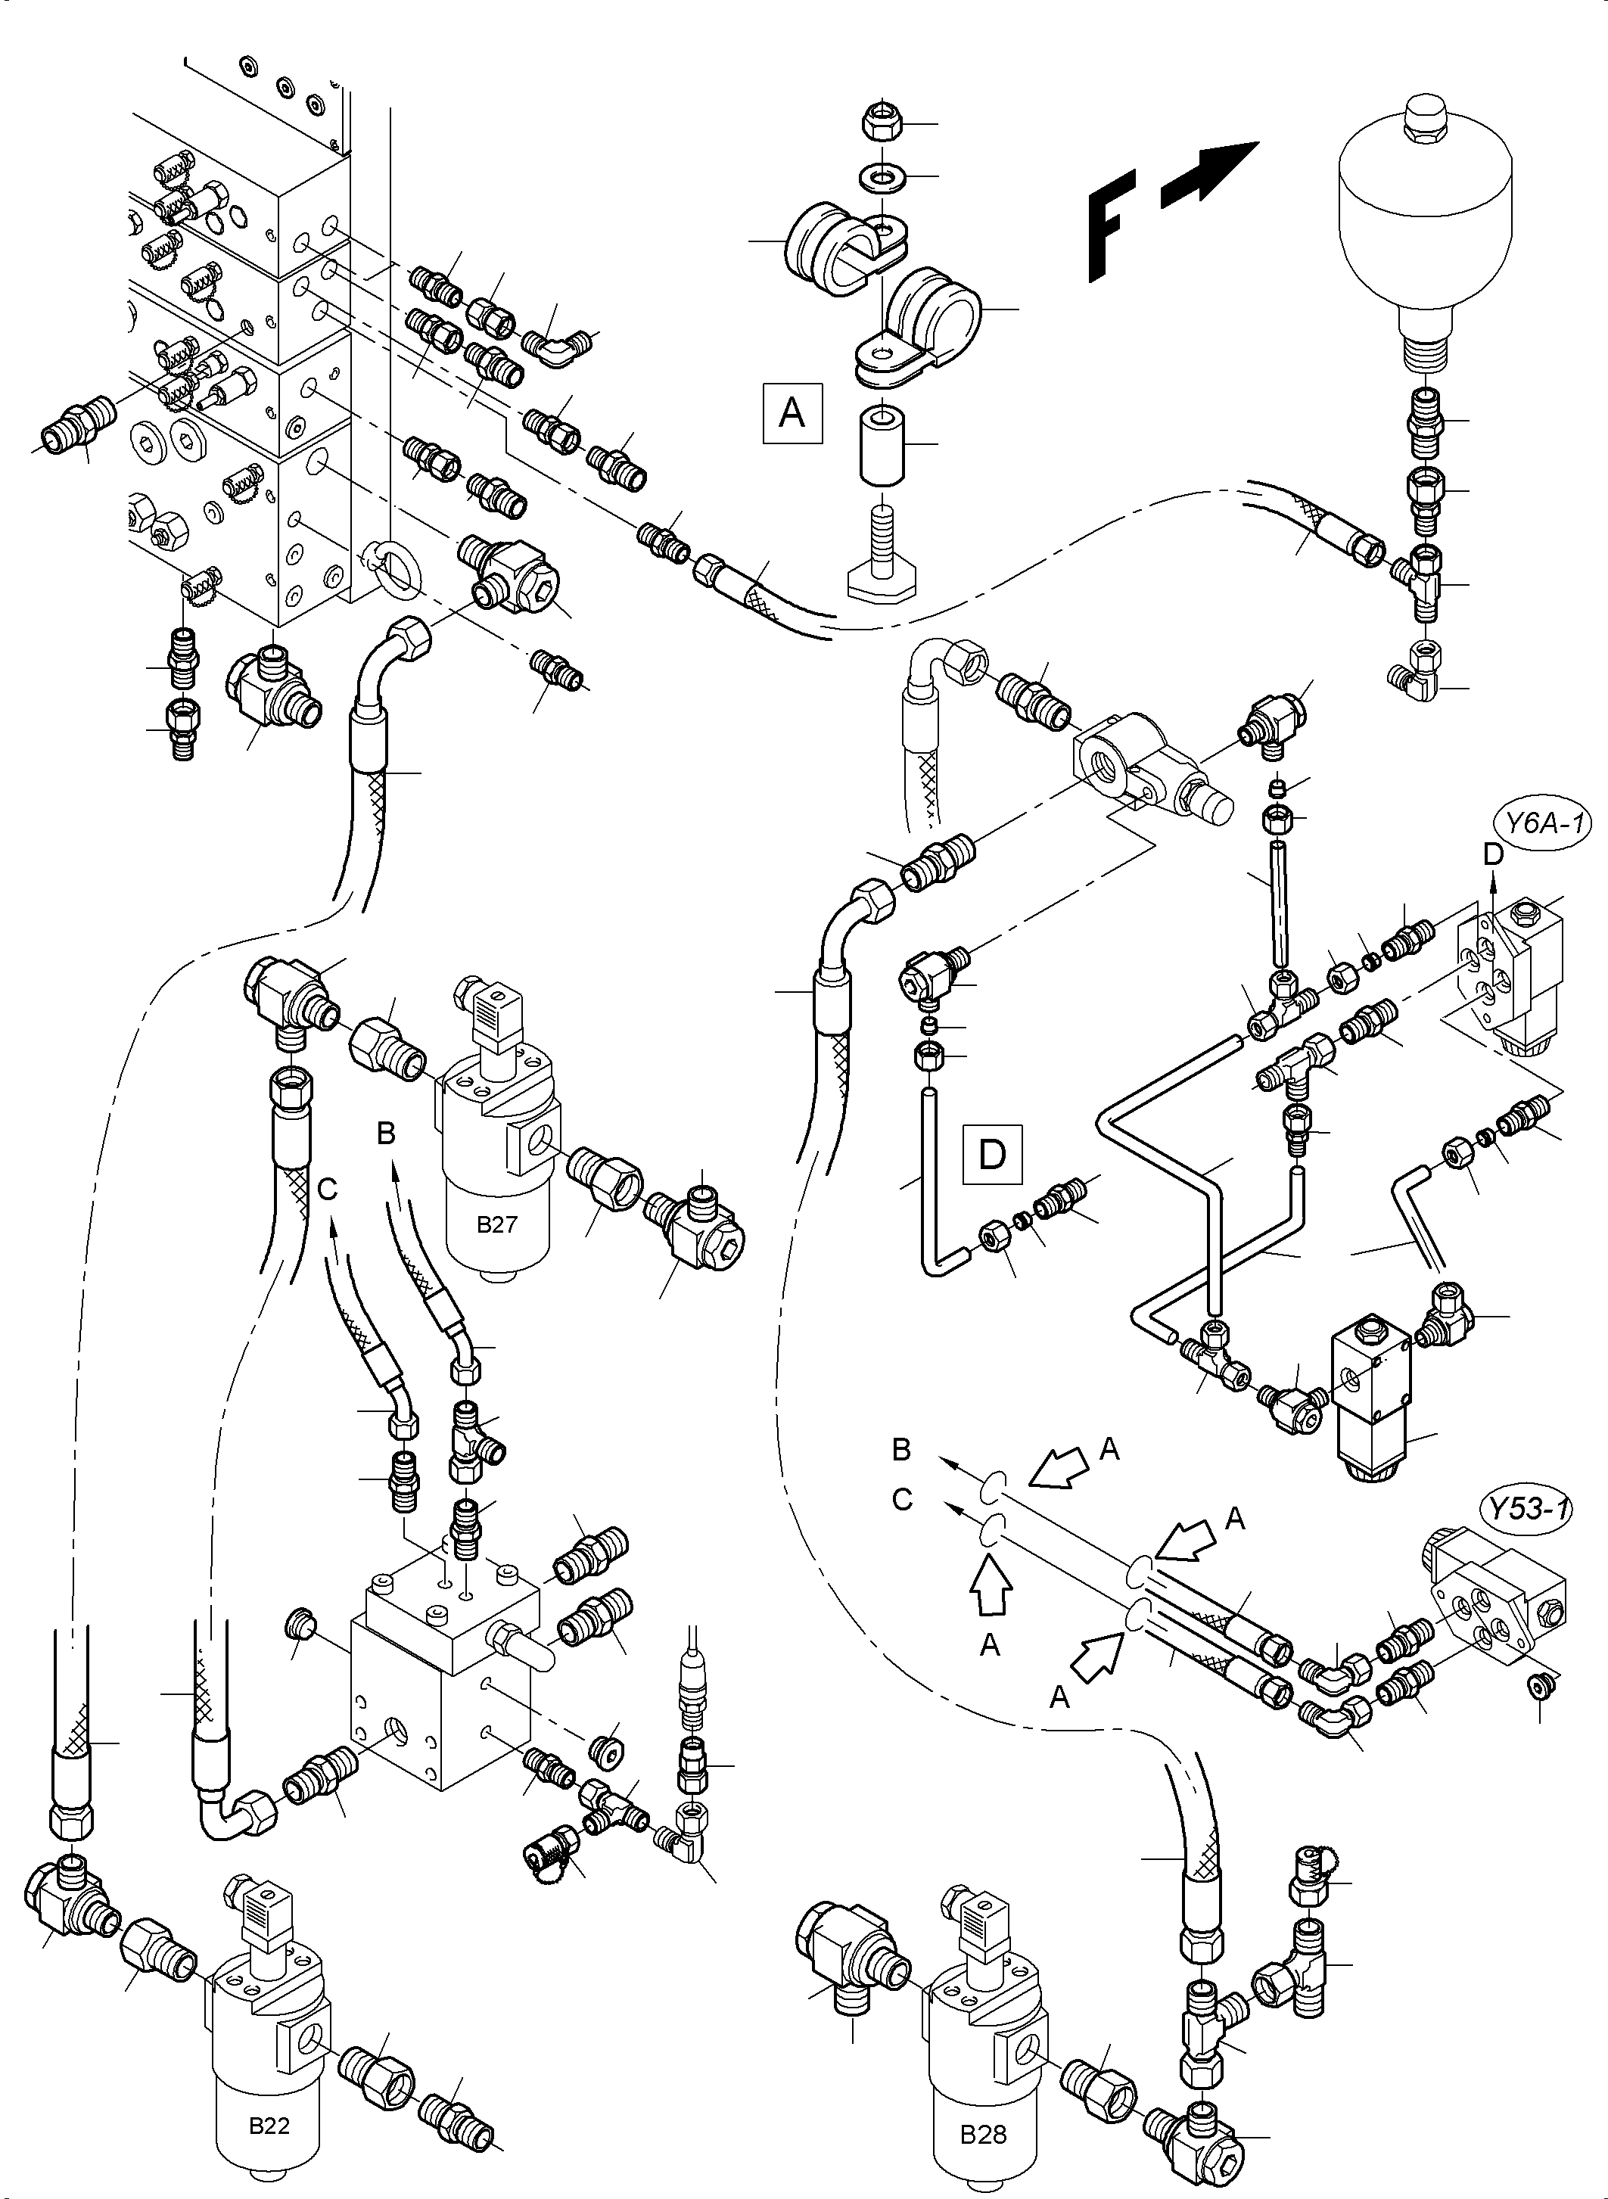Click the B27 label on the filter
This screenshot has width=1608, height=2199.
click(x=496, y=1224)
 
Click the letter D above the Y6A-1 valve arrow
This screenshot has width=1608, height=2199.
click(x=1493, y=854)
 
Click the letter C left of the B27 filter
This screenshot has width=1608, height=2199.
click(x=328, y=1189)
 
